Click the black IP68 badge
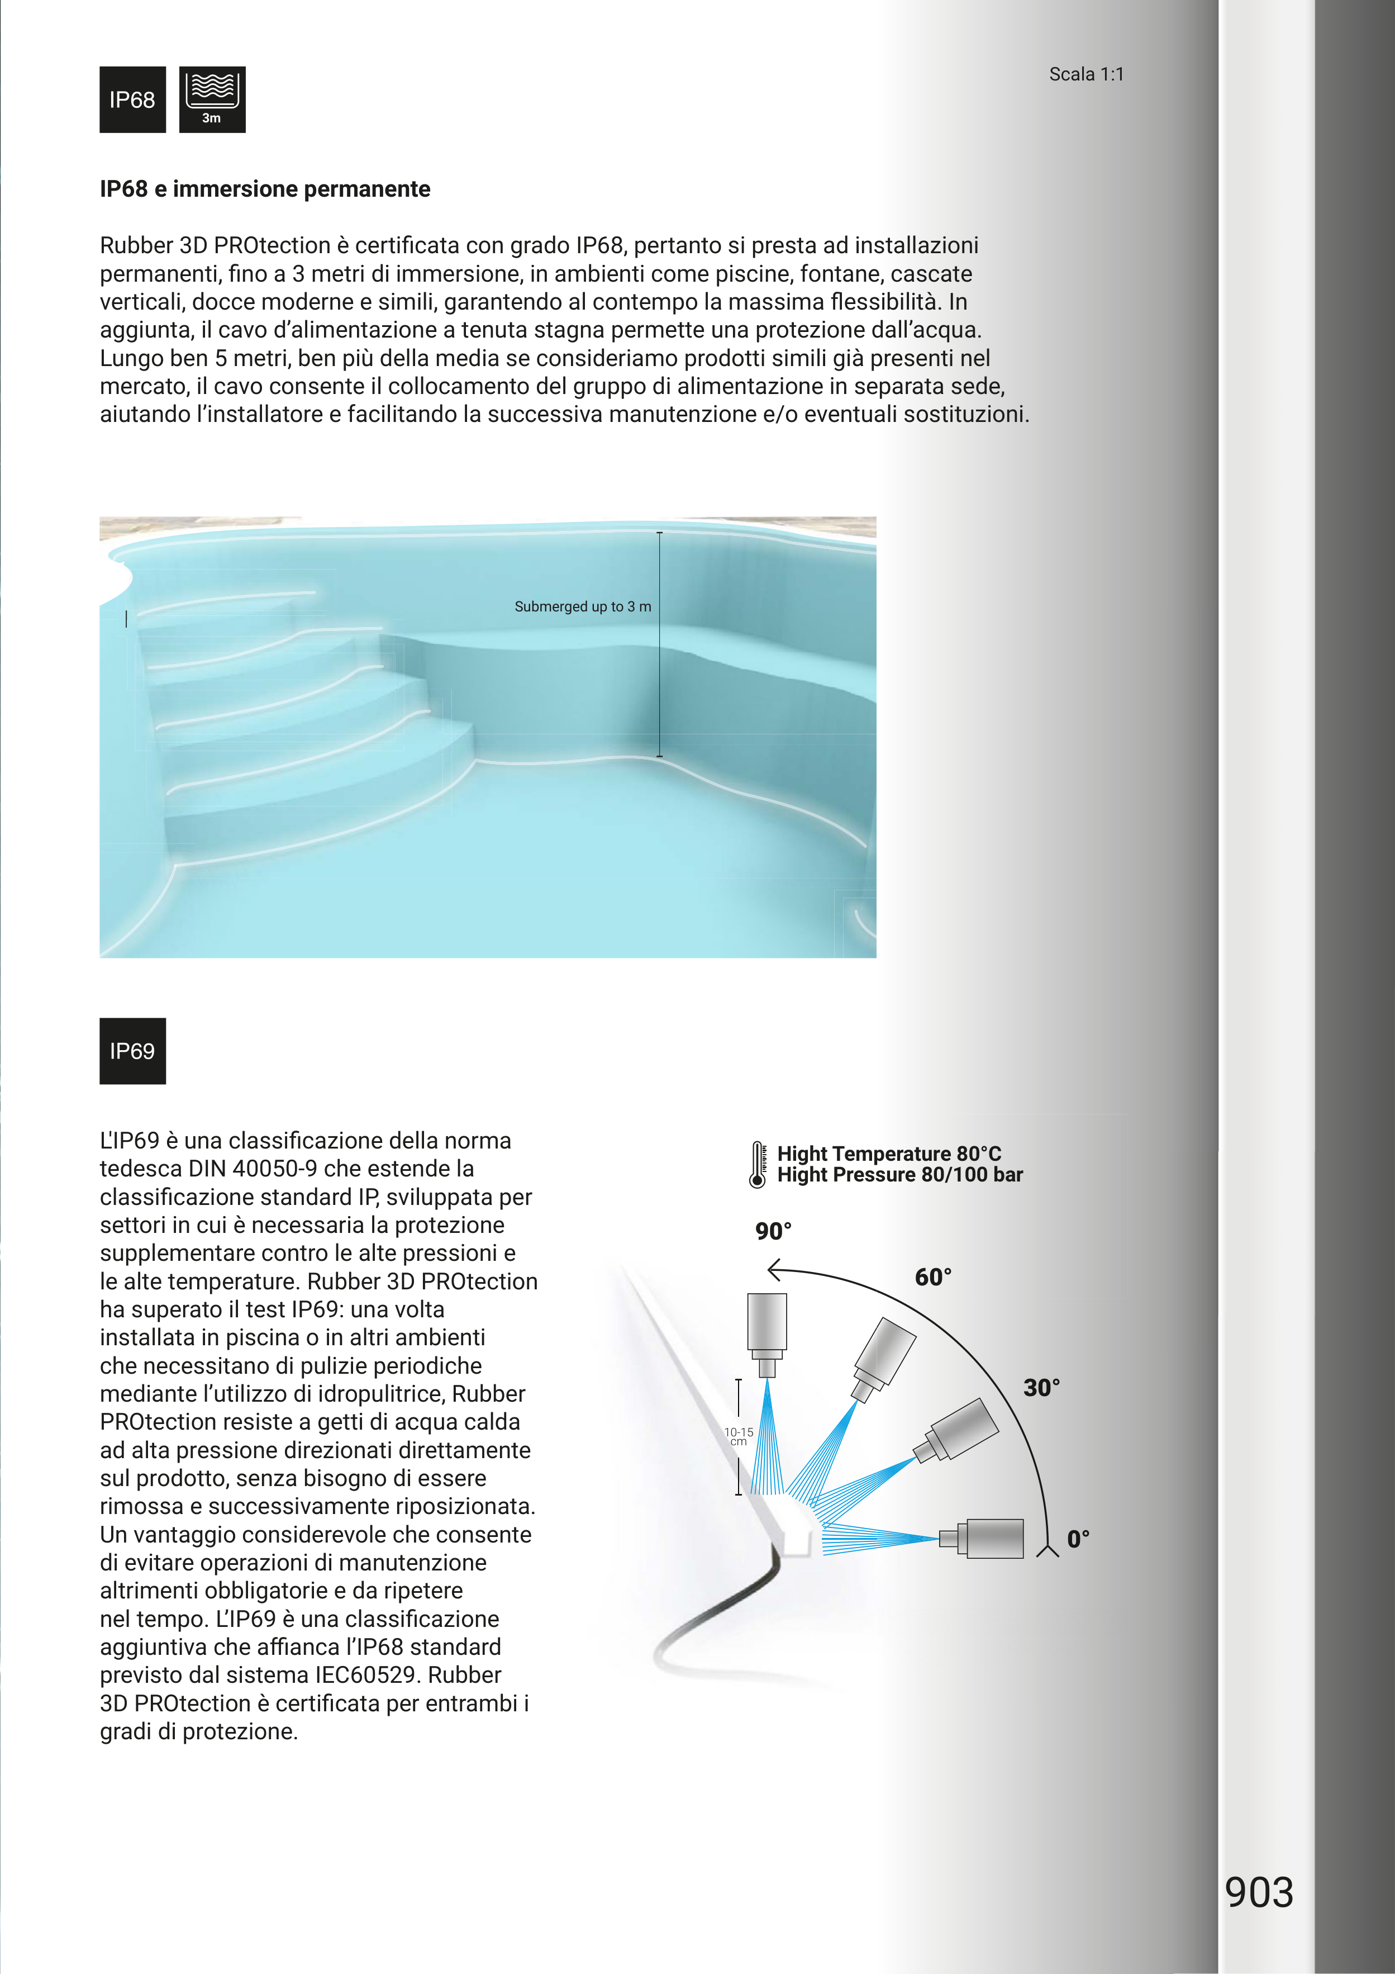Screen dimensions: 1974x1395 pyautogui.click(x=132, y=99)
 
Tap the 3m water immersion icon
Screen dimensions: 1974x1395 pyautogui.click(x=212, y=99)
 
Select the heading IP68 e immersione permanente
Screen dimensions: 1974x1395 pyautogui.click(x=265, y=189)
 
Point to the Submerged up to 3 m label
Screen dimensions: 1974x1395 pyautogui.click(x=582, y=607)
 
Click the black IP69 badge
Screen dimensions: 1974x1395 pyautogui.click(x=132, y=1051)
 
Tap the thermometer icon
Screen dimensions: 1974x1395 pyautogui.click(x=757, y=1165)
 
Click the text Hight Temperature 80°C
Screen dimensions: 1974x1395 pyautogui.click(x=889, y=1154)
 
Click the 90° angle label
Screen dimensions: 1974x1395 pyautogui.click(x=773, y=1231)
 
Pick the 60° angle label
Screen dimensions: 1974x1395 pyautogui.click(x=932, y=1278)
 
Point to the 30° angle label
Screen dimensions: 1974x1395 pyautogui.click(x=1041, y=1388)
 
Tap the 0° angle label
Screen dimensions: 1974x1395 pyautogui.click(x=1078, y=1539)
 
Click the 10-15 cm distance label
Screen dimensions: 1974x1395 pyautogui.click(x=739, y=1437)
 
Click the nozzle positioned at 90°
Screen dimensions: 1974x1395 pyautogui.click(x=766, y=1332)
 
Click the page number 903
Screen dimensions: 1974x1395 pyautogui.click(x=1258, y=1892)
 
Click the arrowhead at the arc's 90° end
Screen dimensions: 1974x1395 pyautogui.click(x=774, y=1270)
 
